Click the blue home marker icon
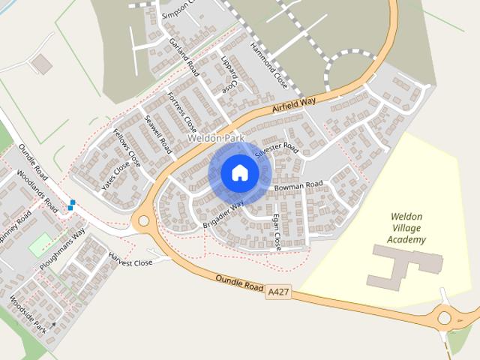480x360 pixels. coord(239,173)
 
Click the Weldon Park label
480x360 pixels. coord(216,139)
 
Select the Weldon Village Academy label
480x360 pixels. coord(407,228)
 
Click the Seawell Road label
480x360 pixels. coord(159,135)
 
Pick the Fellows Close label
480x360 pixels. coord(127,146)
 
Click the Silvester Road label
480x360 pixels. coord(276,150)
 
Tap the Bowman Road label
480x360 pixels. coord(298,184)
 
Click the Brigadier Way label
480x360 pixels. coord(223,215)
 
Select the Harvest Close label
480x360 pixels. coord(130,262)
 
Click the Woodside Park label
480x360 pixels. coord(28,315)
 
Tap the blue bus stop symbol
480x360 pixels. coord(72,204)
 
